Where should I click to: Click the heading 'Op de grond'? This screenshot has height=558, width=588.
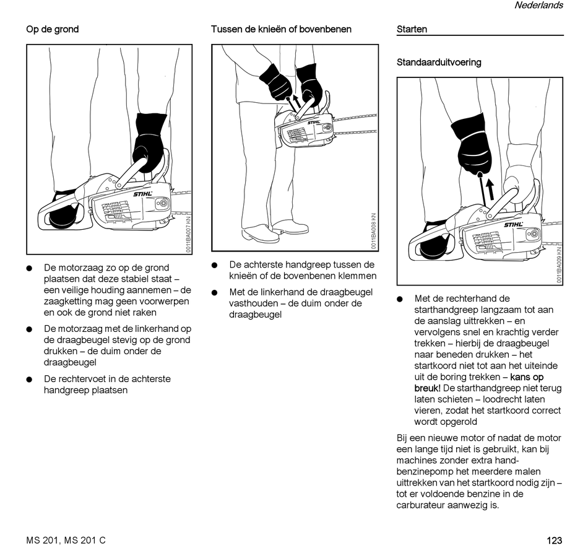(52, 29)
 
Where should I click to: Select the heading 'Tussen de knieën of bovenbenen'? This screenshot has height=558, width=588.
(281, 29)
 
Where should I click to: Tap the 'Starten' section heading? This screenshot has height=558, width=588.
(412, 29)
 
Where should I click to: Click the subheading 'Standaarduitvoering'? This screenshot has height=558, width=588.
(439, 63)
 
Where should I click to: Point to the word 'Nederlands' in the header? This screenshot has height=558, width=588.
(538, 6)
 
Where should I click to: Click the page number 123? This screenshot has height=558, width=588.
(554, 541)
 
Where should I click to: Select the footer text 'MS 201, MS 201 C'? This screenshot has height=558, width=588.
(66, 541)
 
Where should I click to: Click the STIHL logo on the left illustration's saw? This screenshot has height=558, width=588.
(142, 194)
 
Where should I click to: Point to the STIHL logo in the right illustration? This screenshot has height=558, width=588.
(513, 225)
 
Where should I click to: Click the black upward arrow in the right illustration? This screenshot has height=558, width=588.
(490, 188)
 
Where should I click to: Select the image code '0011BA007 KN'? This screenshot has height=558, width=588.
(188, 234)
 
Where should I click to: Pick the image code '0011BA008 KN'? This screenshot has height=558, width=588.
(374, 231)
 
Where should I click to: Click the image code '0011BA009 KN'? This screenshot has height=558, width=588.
(559, 265)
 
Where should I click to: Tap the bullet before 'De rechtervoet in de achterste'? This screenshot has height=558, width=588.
(29, 379)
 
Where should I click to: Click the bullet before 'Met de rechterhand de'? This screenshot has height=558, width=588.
(400, 299)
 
